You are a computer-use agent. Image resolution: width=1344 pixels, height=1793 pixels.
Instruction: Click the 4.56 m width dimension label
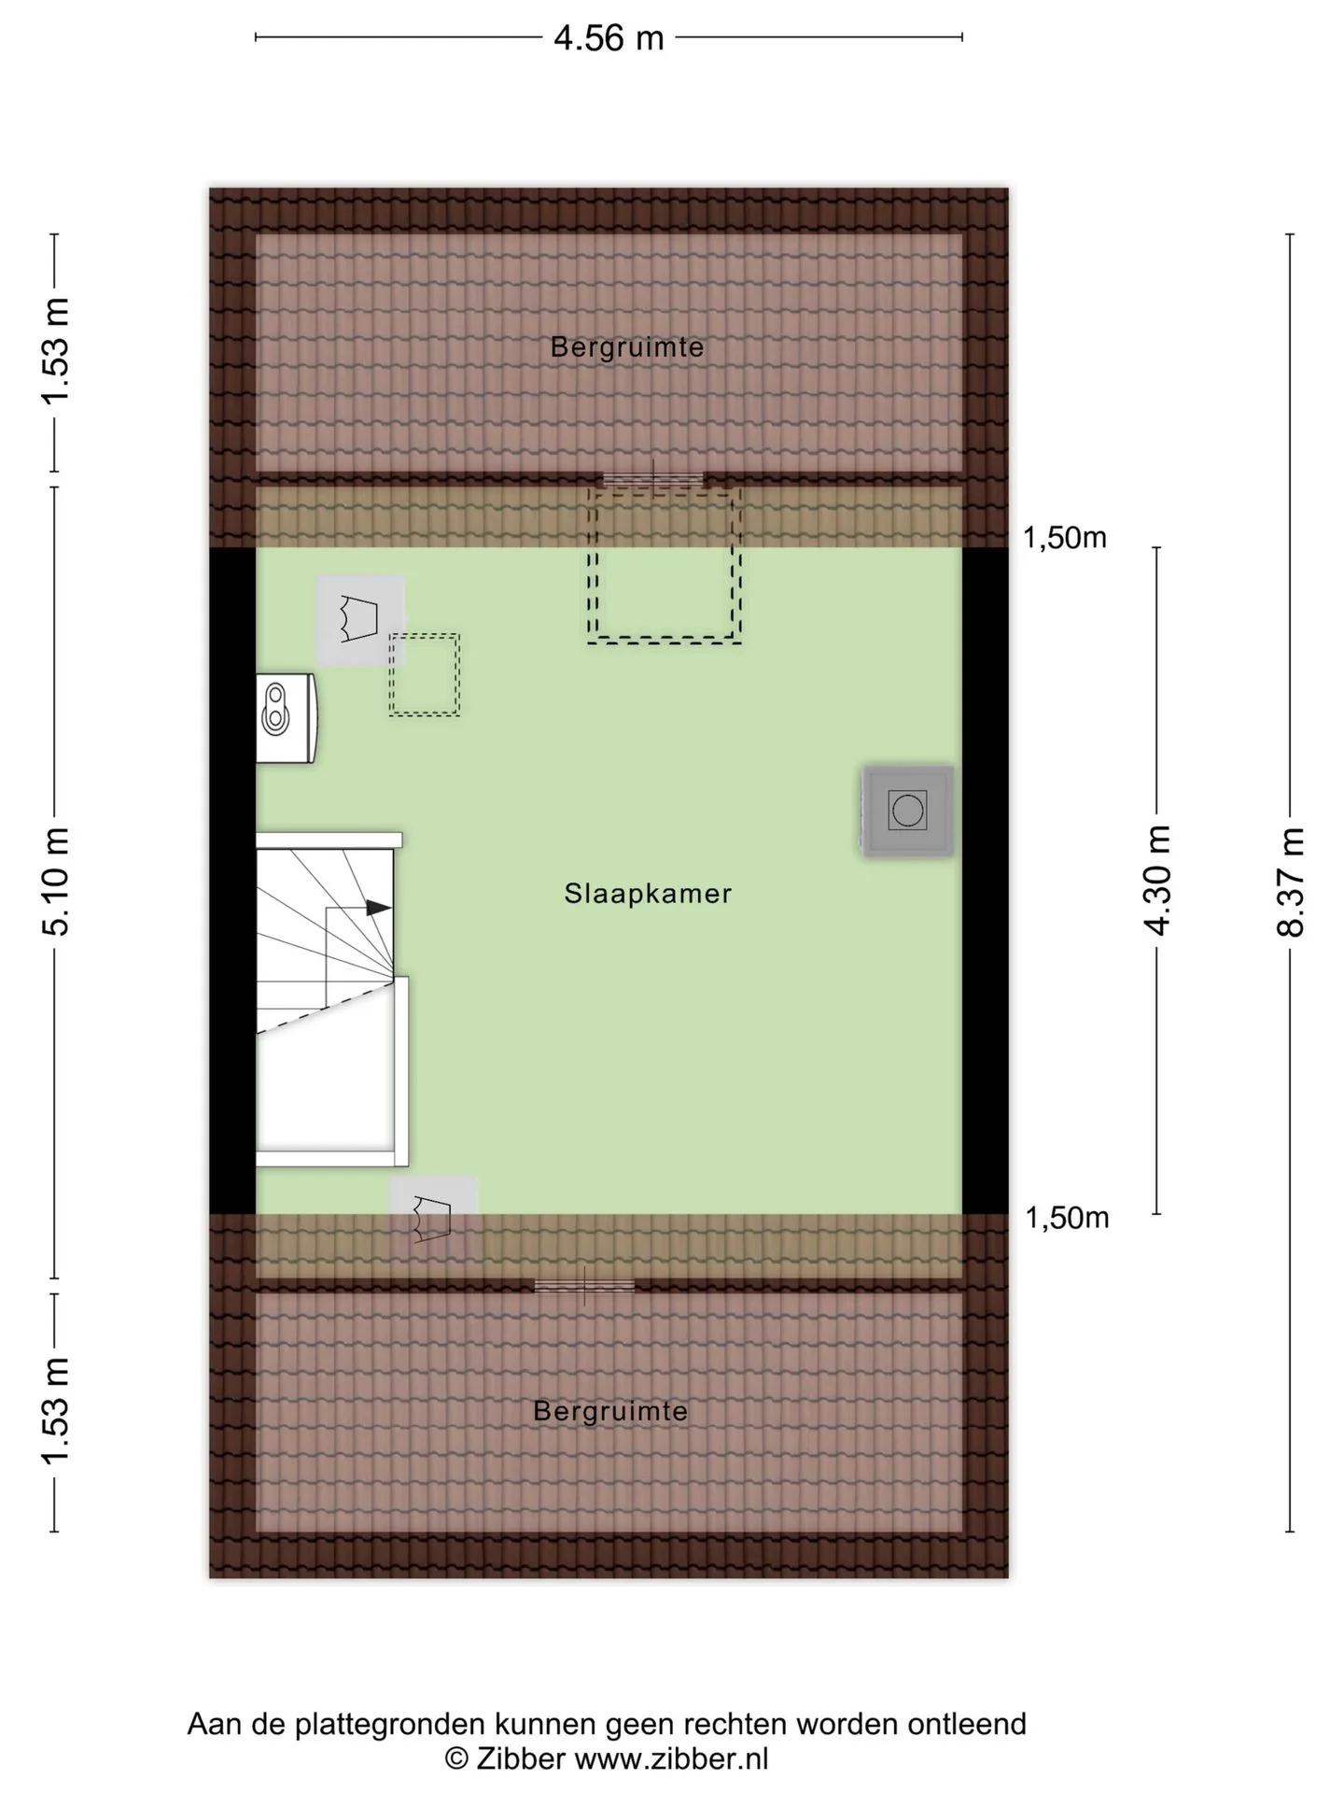[x=609, y=38]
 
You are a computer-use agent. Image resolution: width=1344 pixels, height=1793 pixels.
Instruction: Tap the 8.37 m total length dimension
[x=1291, y=882]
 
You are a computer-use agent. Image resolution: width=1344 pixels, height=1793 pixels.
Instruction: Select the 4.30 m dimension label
[x=1157, y=881]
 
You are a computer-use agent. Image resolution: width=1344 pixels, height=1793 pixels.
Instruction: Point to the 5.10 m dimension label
[x=55, y=882]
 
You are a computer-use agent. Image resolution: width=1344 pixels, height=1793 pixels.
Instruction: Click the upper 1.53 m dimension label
[x=55, y=351]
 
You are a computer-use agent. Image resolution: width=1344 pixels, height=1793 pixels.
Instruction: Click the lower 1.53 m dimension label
[x=55, y=1412]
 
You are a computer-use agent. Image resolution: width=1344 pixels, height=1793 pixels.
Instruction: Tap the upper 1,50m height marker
[x=1065, y=538]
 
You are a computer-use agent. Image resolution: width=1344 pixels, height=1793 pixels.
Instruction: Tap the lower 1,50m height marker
[x=1067, y=1218]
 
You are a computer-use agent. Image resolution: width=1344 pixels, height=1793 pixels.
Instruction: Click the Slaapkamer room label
[x=648, y=894]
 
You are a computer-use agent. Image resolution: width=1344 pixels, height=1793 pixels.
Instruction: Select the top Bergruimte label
[x=627, y=347]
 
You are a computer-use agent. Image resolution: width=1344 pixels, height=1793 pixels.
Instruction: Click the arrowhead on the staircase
[x=378, y=907]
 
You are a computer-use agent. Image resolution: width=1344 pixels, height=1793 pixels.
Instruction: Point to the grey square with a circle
[x=907, y=811]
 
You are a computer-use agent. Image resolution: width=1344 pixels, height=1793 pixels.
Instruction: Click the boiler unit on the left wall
[x=287, y=718]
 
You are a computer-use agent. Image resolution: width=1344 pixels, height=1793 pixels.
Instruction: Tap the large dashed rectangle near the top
[x=664, y=566]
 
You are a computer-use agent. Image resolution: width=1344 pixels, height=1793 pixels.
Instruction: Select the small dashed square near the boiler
[x=425, y=675]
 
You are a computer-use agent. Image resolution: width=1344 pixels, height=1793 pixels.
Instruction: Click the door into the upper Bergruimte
[x=652, y=480]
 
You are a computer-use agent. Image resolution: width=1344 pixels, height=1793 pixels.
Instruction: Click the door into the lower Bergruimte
[x=584, y=1286]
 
